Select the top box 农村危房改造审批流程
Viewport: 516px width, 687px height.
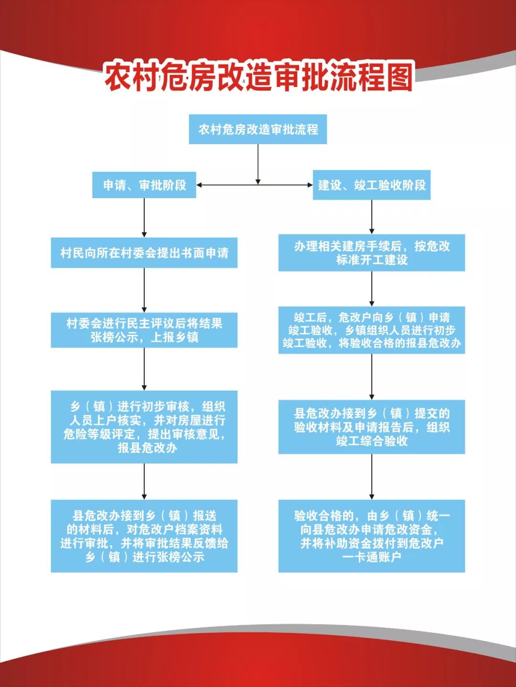[x=258, y=129]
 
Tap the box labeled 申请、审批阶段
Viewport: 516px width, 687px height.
[x=144, y=185]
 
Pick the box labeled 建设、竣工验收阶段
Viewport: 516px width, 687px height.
[x=372, y=185]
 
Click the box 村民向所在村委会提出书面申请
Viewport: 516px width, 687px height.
[x=144, y=253]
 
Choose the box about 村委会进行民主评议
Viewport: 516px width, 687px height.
[x=144, y=330]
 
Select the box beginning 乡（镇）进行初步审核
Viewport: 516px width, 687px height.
[x=144, y=427]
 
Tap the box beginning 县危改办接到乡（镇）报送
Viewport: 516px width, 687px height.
[x=144, y=536]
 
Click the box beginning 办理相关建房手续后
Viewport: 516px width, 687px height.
[x=372, y=253]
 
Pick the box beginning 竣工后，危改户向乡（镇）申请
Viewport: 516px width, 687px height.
[x=372, y=330]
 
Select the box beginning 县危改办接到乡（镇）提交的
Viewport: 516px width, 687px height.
[x=372, y=427]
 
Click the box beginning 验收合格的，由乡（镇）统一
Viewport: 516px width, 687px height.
[x=372, y=536]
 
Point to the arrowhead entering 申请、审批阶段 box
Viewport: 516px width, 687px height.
[x=198, y=185]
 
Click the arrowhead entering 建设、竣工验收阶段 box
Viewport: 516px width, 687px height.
[x=310, y=185]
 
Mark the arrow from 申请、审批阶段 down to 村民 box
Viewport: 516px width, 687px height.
[x=144, y=218]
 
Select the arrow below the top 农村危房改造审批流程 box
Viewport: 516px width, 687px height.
[x=258, y=164]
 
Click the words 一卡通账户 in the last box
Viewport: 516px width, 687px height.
[x=372, y=557]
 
